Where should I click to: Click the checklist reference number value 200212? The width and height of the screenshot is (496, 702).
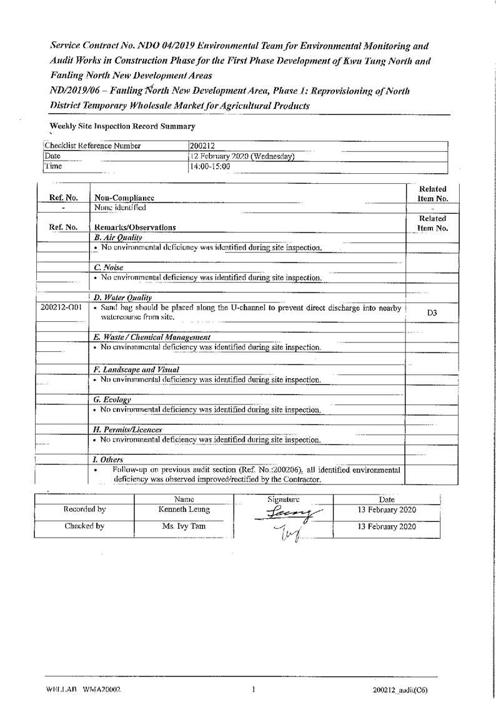[x=201, y=146]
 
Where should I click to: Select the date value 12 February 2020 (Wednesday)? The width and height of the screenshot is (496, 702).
[x=242, y=156]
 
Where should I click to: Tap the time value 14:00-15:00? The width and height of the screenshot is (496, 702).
[x=210, y=167]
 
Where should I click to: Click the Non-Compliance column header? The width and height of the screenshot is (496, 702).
[x=124, y=198]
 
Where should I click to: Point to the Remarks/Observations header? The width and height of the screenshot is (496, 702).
[x=134, y=228]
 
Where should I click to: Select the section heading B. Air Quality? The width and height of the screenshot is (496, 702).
[x=118, y=238]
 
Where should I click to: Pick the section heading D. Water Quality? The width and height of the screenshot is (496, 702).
[x=122, y=298]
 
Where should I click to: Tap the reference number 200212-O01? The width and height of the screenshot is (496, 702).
[x=61, y=308]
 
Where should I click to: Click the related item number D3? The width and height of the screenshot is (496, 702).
[x=432, y=312]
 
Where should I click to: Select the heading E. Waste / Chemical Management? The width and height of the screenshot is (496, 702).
[x=152, y=338]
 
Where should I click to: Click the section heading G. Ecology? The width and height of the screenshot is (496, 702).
[x=112, y=399]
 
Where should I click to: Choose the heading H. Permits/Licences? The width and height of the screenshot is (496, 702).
[x=128, y=429]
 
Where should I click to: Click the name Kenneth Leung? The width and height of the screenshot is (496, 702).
[x=184, y=510]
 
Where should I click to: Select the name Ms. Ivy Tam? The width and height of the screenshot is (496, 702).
[x=184, y=526]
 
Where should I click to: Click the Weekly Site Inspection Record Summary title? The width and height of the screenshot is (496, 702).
[x=122, y=126]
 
